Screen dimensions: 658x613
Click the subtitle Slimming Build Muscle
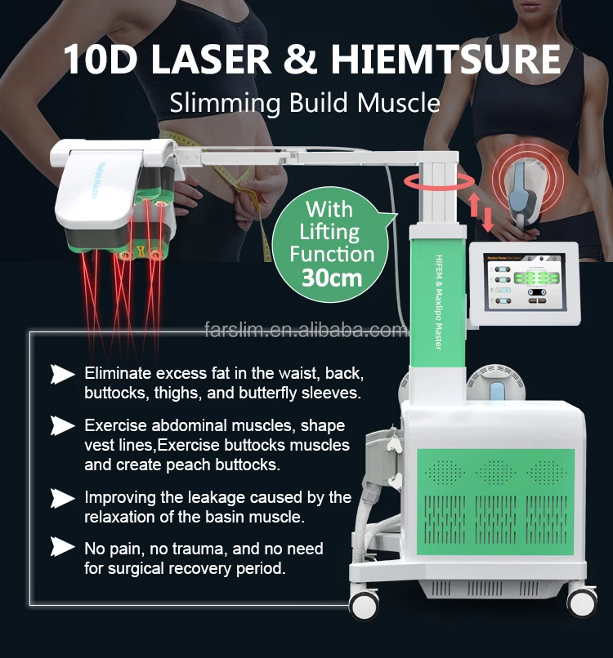coord(305,103)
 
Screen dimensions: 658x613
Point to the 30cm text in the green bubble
coord(331,277)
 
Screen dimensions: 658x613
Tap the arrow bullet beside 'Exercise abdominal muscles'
coord(63,425)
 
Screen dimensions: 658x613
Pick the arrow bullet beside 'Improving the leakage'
coord(63,497)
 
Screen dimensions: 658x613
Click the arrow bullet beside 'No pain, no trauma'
coord(63,548)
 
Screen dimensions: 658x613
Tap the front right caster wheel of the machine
coord(582,601)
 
